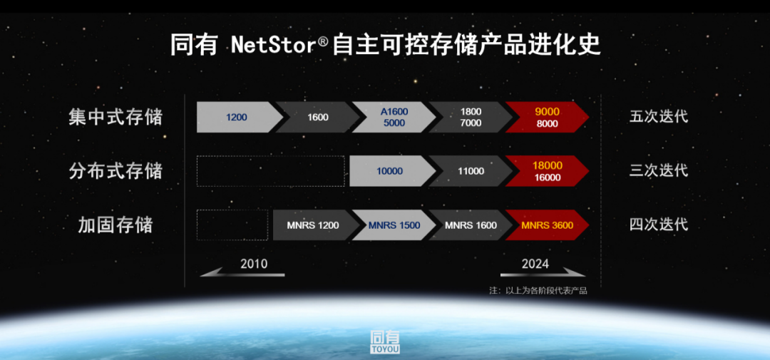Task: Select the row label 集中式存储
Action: click(x=115, y=118)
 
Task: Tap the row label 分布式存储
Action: click(x=115, y=171)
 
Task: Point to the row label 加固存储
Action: click(x=115, y=225)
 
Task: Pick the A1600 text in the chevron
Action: click(x=394, y=112)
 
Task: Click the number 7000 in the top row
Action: click(x=471, y=123)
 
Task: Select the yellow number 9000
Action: click(x=548, y=112)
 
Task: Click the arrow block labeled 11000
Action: click(x=471, y=171)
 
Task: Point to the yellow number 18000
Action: click(x=548, y=165)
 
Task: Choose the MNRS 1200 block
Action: click(x=313, y=225)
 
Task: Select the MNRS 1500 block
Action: click(x=394, y=225)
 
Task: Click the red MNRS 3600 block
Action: click(x=547, y=225)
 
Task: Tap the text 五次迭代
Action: click(x=659, y=118)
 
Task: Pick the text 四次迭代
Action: click(x=659, y=225)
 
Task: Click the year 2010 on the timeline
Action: click(x=254, y=264)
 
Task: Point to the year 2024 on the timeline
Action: click(x=535, y=264)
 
